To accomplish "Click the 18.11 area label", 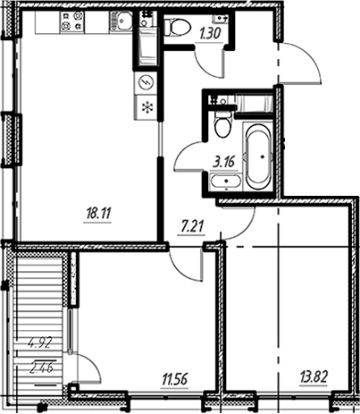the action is [98, 214].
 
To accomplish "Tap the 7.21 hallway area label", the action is [192, 227].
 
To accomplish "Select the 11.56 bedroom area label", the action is [175, 380].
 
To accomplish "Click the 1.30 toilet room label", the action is [210, 34].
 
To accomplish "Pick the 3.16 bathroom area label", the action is [224, 163].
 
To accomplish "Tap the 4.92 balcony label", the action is [40, 343].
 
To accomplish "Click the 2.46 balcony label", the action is [42, 367].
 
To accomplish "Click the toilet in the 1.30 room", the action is [178, 26].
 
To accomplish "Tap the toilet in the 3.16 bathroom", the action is [223, 125].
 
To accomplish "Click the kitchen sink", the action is [121, 21].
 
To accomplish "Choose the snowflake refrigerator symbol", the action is [147, 107].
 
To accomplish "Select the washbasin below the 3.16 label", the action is [226, 181].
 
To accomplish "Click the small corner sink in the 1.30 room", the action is [221, 19].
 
